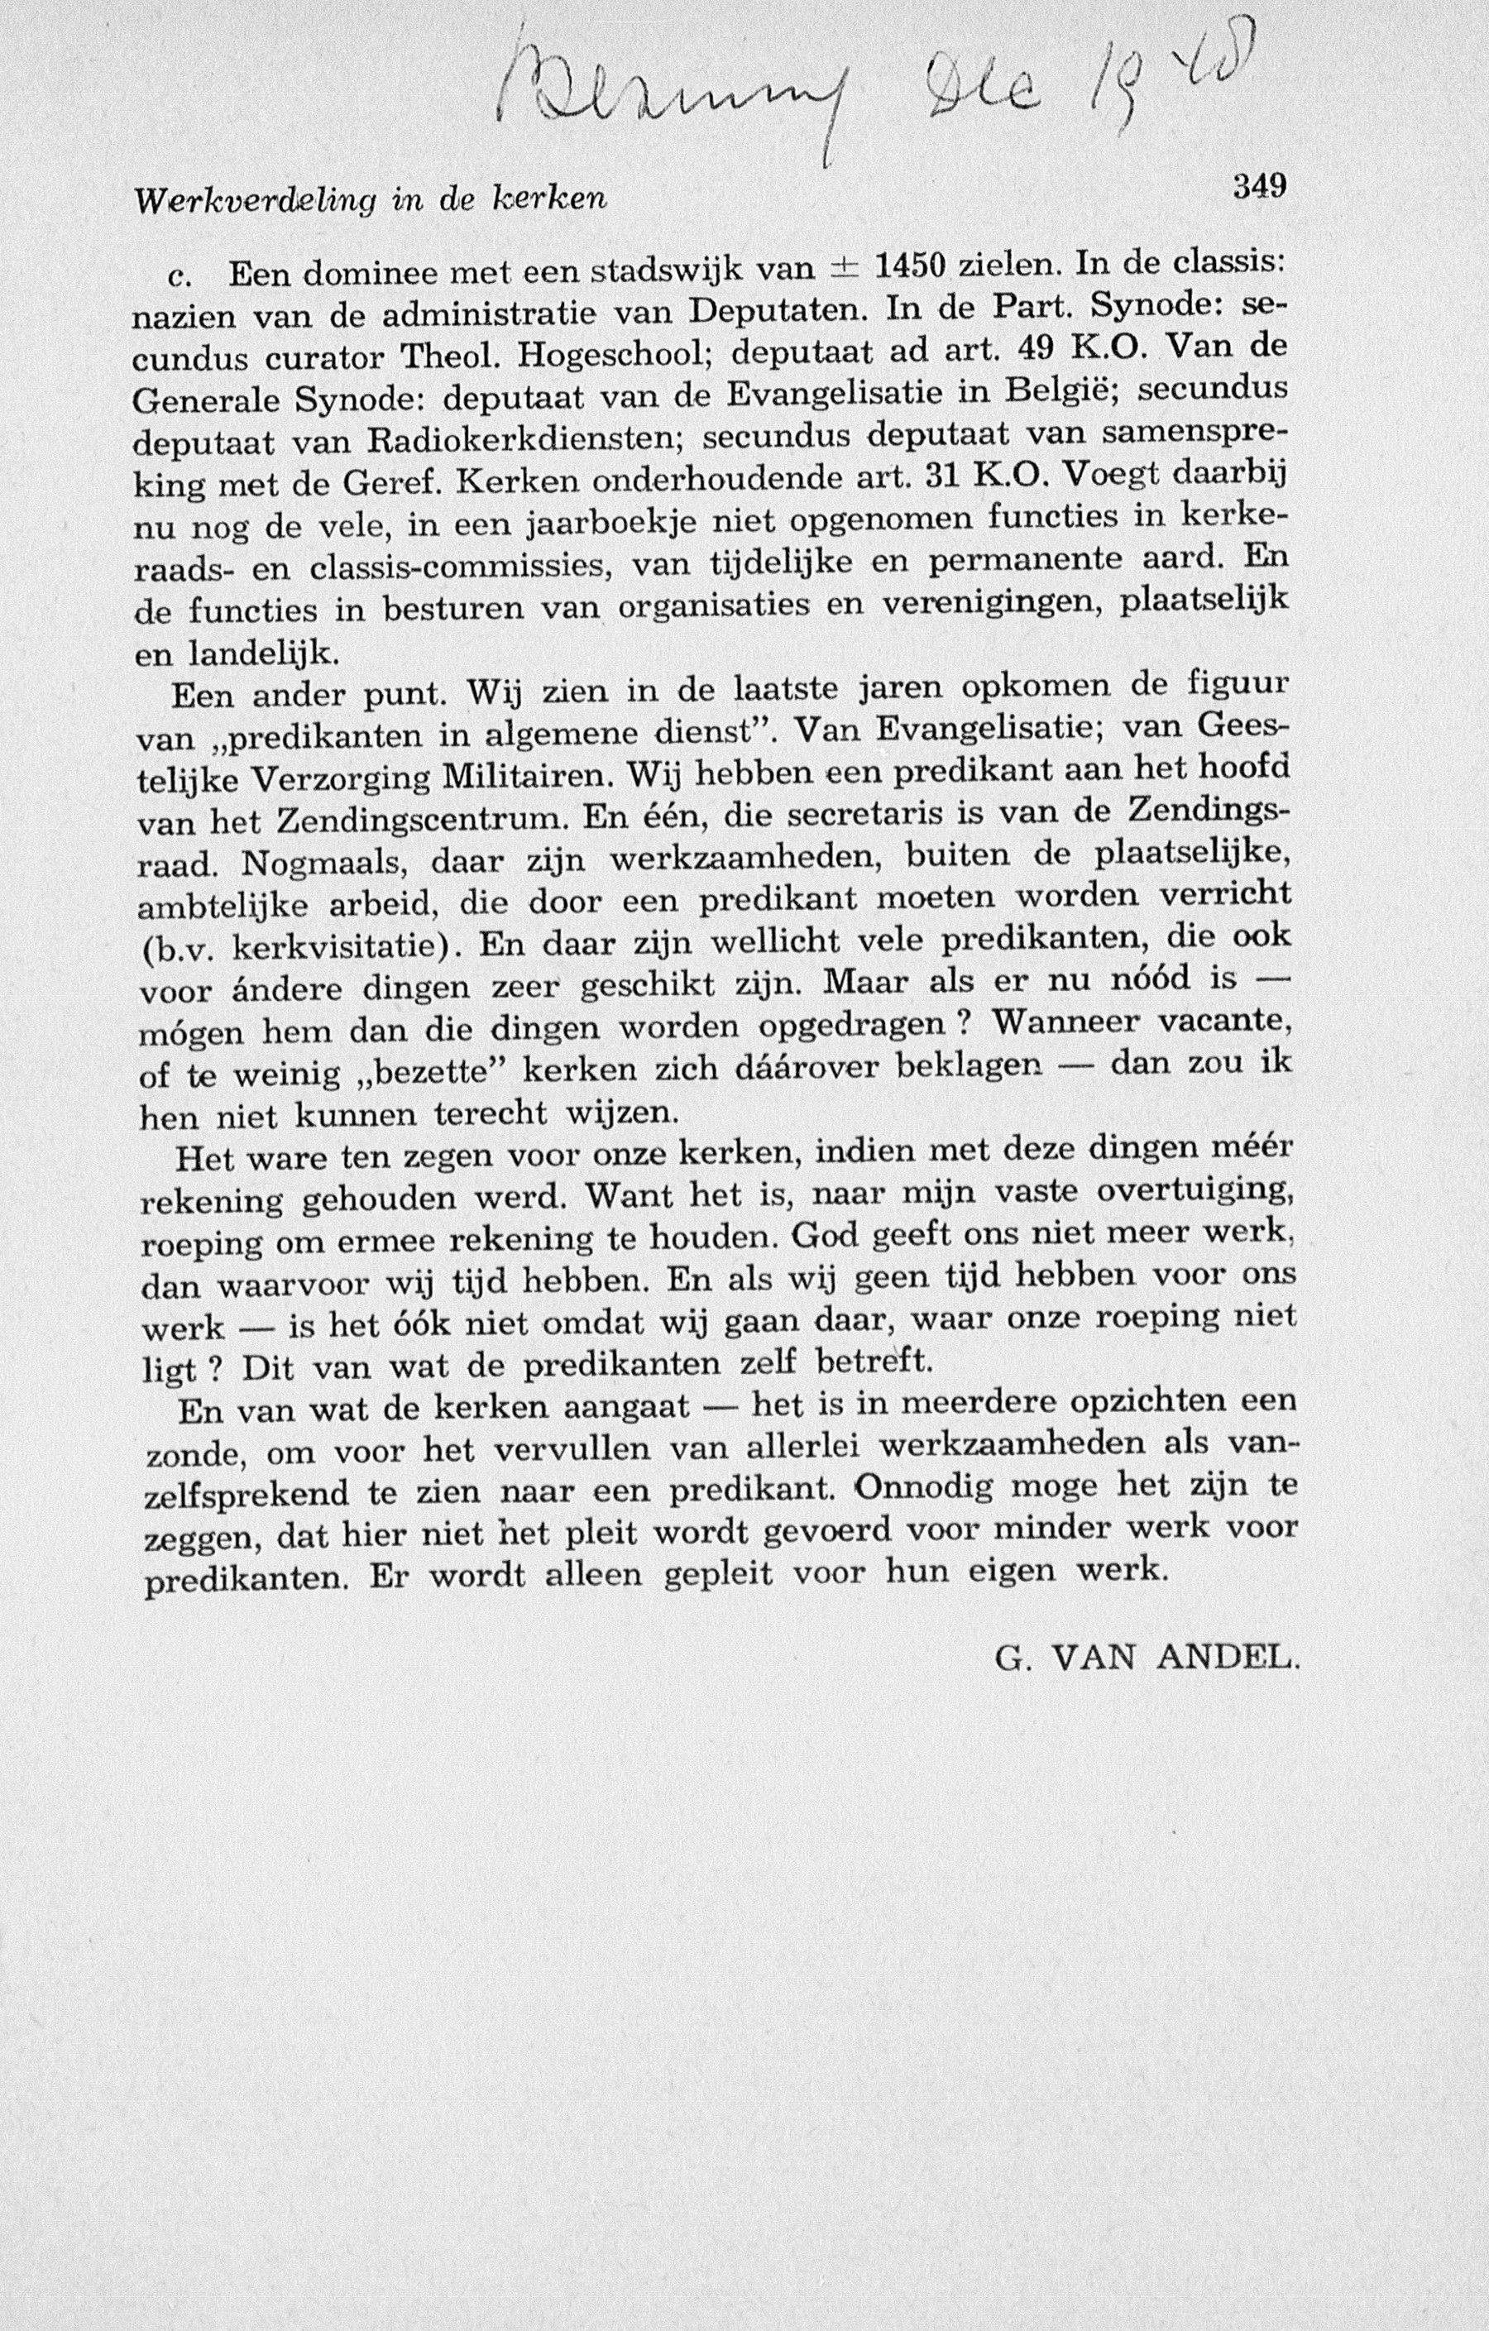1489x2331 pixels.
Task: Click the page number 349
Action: pyautogui.click(x=1258, y=186)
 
